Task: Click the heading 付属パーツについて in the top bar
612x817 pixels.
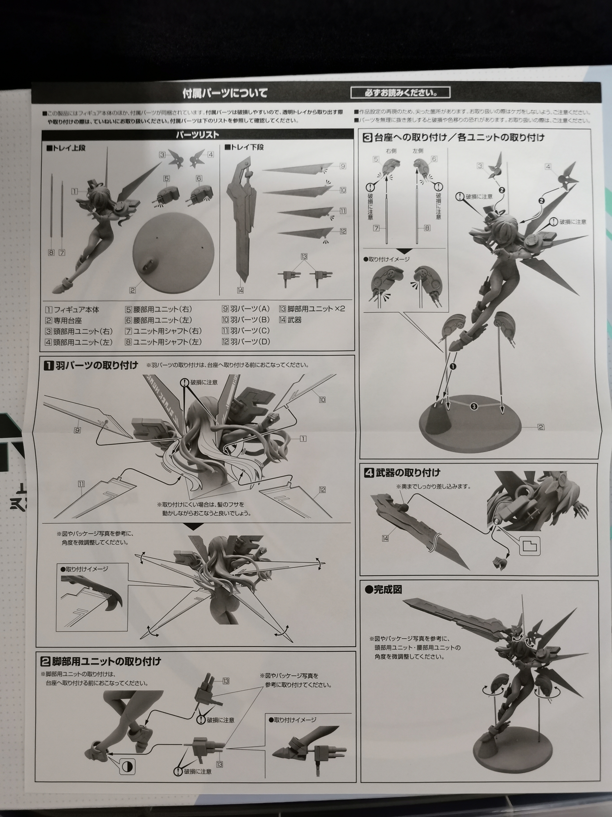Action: [x=225, y=93]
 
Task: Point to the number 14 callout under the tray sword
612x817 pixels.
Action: [x=240, y=290]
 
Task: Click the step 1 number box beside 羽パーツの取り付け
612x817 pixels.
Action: [x=49, y=366]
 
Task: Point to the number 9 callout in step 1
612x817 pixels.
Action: [x=77, y=430]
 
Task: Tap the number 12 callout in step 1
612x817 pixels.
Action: [x=322, y=490]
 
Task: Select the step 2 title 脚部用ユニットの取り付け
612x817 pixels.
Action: [x=107, y=661]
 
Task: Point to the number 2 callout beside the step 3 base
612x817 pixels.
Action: [x=541, y=427]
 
